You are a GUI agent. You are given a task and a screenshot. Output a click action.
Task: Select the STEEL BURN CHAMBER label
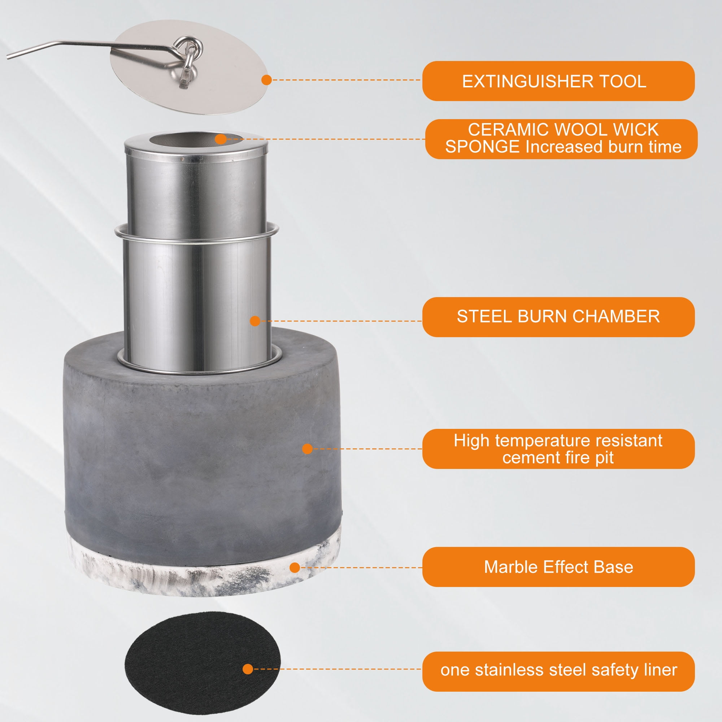(x=558, y=317)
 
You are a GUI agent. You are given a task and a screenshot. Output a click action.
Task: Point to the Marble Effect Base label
(x=558, y=567)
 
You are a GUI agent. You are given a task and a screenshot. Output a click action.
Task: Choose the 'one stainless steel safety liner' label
(x=558, y=670)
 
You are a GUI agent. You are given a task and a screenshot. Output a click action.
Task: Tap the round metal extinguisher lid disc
(x=189, y=67)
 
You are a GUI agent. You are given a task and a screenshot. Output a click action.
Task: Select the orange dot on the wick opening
(x=221, y=139)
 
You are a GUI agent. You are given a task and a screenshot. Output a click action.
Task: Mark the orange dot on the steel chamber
(x=255, y=321)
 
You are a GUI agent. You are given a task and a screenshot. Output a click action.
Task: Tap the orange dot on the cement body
(x=307, y=449)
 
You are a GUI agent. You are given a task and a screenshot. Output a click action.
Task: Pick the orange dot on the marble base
(x=295, y=567)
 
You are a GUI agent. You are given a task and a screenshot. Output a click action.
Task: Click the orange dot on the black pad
(x=248, y=669)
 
